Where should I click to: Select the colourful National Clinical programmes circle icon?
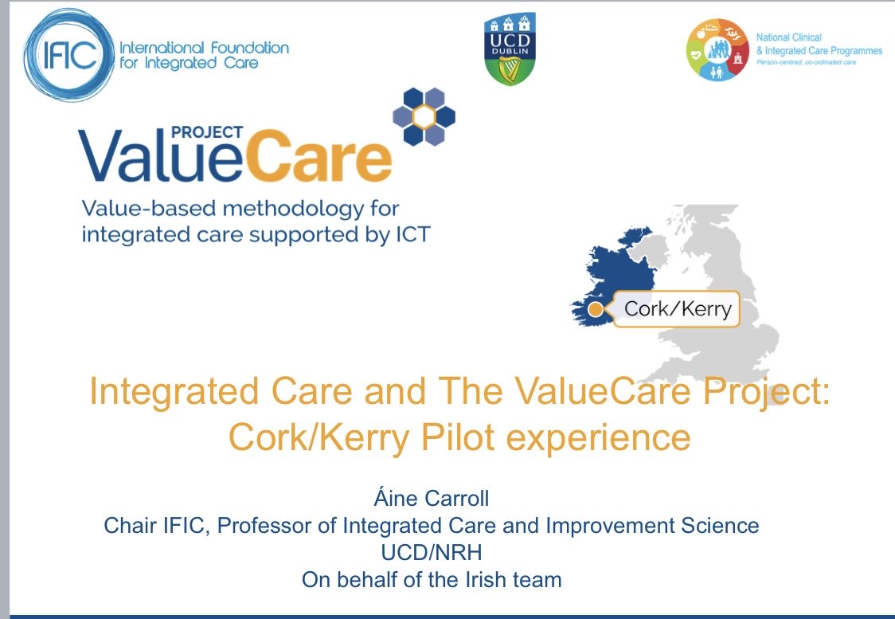pyautogui.click(x=717, y=49)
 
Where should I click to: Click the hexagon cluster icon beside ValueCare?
pyautogui.click(x=424, y=117)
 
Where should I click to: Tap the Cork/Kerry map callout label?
pyautogui.click(x=677, y=308)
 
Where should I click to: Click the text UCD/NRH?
pyautogui.click(x=431, y=553)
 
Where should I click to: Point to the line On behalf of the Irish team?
pyautogui.click(x=431, y=579)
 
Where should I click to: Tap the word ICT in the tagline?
pyautogui.click(x=407, y=235)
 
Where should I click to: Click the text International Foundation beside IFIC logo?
pyautogui.click(x=204, y=47)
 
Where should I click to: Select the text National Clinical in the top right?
pyautogui.click(x=788, y=37)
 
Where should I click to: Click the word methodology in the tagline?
pyautogui.click(x=303, y=210)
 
